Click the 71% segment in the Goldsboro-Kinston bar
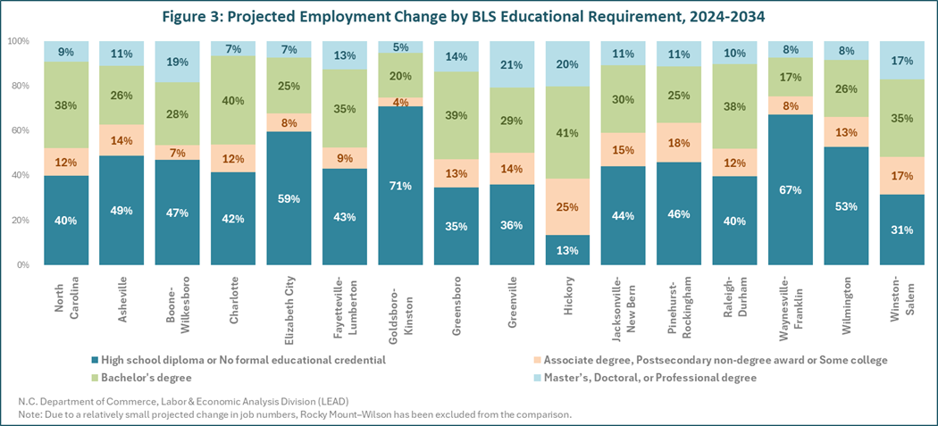point(401,186)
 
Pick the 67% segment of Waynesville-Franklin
point(791,190)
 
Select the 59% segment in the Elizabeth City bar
point(289,198)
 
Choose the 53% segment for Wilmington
point(847,206)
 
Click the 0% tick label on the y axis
point(23,265)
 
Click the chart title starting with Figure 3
point(468,17)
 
